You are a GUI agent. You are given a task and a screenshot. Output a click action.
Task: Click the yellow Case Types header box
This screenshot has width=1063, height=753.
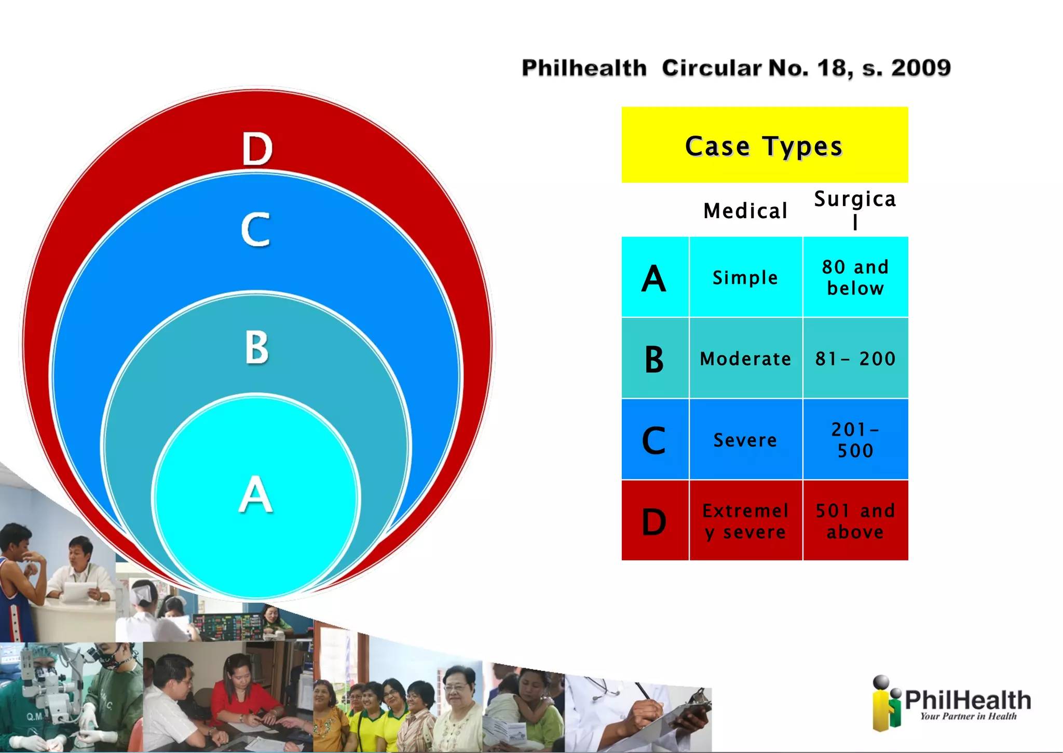coord(764,145)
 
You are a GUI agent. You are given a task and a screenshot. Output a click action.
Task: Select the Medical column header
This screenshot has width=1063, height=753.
coord(745,211)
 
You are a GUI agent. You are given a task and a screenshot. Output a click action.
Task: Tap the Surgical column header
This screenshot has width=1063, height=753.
coord(855,209)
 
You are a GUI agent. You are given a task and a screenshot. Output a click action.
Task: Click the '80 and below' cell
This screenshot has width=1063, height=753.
coord(855,277)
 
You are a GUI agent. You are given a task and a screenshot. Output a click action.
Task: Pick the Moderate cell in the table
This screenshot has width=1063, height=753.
coord(745,358)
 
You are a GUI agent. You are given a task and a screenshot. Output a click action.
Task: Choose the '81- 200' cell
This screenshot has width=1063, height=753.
coord(855,358)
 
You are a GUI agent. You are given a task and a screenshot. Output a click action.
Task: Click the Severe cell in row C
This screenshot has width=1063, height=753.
coord(745,440)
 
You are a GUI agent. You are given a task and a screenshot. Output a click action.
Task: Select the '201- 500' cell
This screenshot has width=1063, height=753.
coord(855,440)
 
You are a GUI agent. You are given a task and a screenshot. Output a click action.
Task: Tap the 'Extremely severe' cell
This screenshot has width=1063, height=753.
coord(745,521)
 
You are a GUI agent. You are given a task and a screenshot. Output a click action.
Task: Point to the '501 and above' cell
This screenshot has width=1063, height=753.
coord(855,521)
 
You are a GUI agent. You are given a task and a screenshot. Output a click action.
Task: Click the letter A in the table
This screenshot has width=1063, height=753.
coord(654,278)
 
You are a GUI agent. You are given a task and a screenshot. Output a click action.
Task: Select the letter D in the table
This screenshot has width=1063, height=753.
coord(654,521)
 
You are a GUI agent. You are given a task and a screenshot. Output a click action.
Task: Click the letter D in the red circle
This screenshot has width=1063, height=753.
coord(257,149)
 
